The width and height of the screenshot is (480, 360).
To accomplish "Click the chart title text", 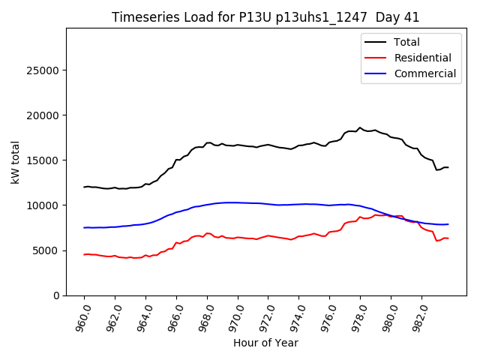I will click(x=265, y=17).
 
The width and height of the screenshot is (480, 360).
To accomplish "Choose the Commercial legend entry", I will click(x=424, y=73).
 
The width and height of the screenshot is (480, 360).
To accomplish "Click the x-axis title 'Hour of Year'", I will click(x=265, y=343).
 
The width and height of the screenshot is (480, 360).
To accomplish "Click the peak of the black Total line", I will click(x=360, y=127).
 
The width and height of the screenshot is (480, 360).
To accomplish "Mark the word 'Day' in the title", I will click(x=388, y=17).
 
